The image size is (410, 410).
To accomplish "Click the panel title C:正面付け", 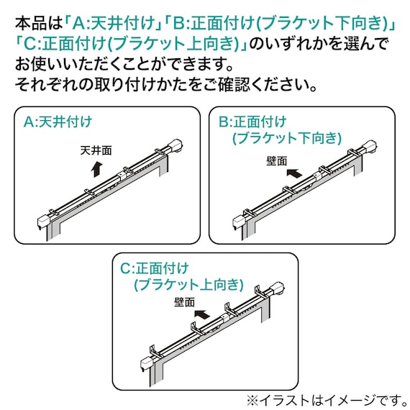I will [x=154, y=268].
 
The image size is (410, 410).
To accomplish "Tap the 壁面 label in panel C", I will [x=184, y=303].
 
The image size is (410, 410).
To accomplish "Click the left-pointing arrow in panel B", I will [x=294, y=173].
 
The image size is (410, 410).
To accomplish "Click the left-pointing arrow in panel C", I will [x=205, y=314].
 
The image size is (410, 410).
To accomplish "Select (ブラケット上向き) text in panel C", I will [x=188, y=285].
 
